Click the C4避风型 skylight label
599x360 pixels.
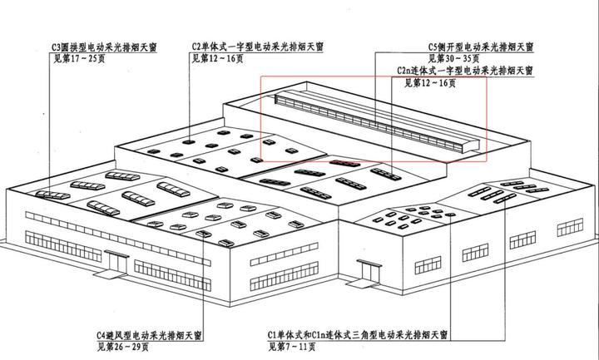[x=150, y=336]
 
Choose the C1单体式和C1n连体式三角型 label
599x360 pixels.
[x=358, y=336]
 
